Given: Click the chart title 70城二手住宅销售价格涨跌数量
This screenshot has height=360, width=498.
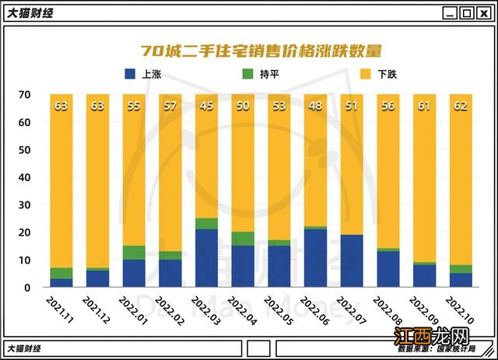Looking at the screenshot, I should pyautogui.click(x=261, y=51).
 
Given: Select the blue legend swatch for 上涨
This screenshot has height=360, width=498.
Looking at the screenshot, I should pyautogui.click(x=130, y=75).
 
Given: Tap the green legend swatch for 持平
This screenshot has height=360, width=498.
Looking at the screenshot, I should pyautogui.click(x=247, y=75).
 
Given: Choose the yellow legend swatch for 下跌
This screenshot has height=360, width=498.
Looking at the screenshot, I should pyautogui.click(x=363, y=75).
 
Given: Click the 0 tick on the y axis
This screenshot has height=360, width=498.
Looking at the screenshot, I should pyautogui.click(x=27, y=288).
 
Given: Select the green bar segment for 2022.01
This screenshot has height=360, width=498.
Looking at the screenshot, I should pyautogui.click(x=134, y=253).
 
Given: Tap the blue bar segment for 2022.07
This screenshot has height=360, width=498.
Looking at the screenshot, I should pyautogui.click(x=352, y=261).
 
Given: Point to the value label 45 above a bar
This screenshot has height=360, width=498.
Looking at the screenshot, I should pyautogui.click(x=206, y=107).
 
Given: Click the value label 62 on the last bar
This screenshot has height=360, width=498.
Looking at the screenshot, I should pyautogui.click(x=461, y=107).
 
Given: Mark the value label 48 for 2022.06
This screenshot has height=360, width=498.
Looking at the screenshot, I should pyautogui.click(x=315, y=107).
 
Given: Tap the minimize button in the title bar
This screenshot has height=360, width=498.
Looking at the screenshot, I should pyautogui.click(x=451, y=13).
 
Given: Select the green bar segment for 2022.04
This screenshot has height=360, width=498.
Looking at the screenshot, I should pyautogui.click(x=243, y=239).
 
